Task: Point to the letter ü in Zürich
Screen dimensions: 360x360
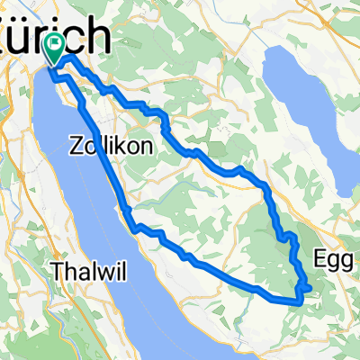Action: point(29,39)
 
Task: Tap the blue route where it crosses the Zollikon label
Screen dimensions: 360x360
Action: point(99,144)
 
